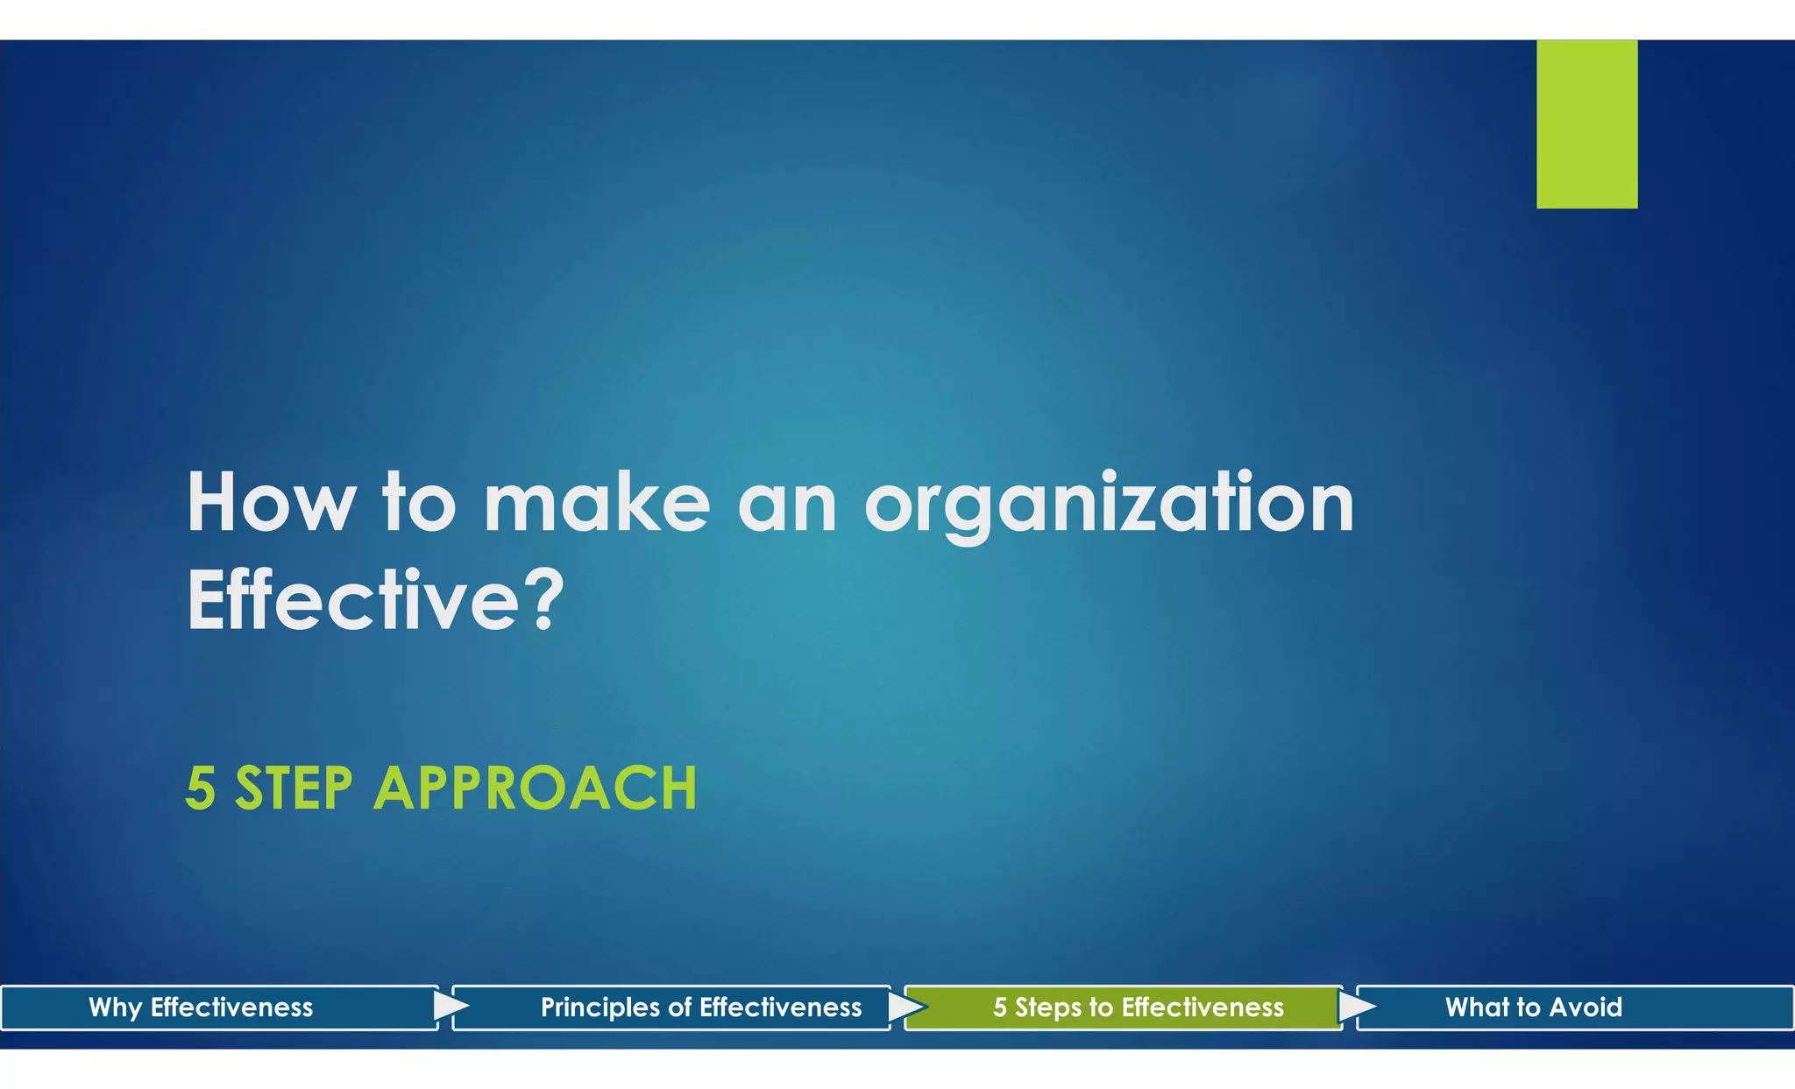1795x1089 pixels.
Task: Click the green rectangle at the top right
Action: click(x=1586, y=124)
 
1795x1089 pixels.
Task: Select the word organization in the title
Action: click(x=1109, y=505)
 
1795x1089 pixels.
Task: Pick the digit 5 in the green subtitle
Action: click(x=200, y=788)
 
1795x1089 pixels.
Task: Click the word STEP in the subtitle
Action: click(x=294, y=788)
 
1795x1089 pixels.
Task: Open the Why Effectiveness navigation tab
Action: click(x=201, y=1008)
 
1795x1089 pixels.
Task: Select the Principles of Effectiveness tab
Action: click(x=700, y=1008)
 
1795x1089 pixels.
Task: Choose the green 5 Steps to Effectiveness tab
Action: click(x=1138, y=1008)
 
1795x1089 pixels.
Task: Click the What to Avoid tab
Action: click(x=1533, y=1008)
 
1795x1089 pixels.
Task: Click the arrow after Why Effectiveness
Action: click(x=450, y=1006)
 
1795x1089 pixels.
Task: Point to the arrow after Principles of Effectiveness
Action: click(x=905, y=1007)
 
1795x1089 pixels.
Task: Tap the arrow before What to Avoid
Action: click(x=1356, y=1007)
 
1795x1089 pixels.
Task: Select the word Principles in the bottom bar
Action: click(x=600, y=1008)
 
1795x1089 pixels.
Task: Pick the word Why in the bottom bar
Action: click(x=115, y=1008)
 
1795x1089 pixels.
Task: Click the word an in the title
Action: click(x=787, y=505)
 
